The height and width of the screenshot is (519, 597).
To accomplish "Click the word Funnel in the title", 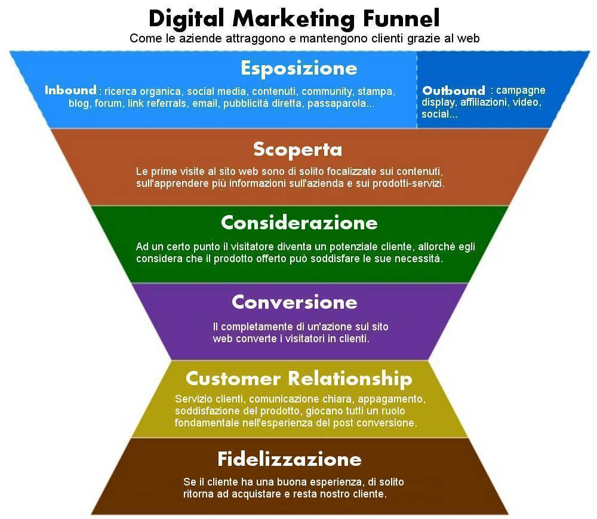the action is pyautogui.click(x=401, y=18).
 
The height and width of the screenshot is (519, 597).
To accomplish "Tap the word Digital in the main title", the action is pyautogui.click(x=186, y=19).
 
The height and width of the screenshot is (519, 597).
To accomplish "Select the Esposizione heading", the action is pyautogui.click(x=299, y=69).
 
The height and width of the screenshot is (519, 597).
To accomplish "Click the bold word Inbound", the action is pyautogui.click(x=70, y=90).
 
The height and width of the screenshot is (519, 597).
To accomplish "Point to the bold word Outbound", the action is pyautogui.click(x=454, y=91).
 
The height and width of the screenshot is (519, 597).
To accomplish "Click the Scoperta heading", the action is pyautogui.click(x=297, y=150).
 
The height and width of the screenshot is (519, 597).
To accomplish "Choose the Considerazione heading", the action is pyautogui.click(x=299, y=222).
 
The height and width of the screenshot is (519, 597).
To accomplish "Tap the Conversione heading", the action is pyautogui.click(x=294, y=302).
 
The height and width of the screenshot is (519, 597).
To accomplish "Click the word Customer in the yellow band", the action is pyautogui.click(x=233, y=379).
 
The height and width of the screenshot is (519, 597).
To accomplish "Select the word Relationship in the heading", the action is pyautogui.click(x=350, y=379).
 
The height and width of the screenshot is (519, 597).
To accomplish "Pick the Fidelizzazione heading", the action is pyautogui.click(x=290, y=459).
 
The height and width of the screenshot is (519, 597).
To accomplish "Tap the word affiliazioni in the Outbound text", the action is pyautogui.click(x=484, y=102).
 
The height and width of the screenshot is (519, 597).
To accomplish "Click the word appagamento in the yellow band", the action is pyautogui.click(x=390, y=400).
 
